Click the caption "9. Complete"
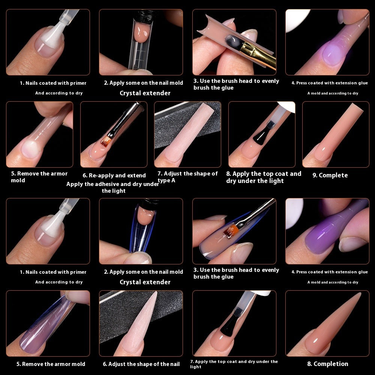click(x=330, y=175)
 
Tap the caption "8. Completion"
click(x=328, y=364)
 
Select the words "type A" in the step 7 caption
click(x=166, y=180)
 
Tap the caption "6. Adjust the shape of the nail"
click(x=141, y=364)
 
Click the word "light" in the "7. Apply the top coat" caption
click(x=196, y=367)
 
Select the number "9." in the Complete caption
click(x=315, y=175)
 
